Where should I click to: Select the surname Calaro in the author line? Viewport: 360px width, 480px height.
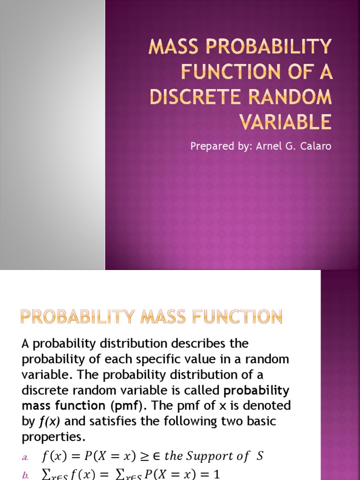pyautogui.click(x=315, y=146)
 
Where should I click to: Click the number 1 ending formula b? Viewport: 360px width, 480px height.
pyautogui.click(x=217, y=474)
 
